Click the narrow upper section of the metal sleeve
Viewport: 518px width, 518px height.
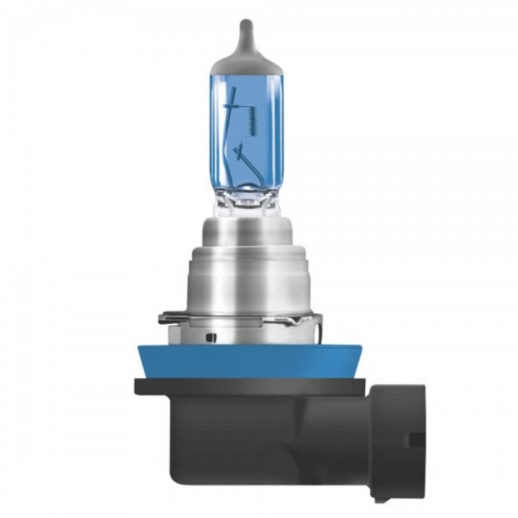click(246, 235)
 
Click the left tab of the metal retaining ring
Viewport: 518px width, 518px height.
click(167, 319)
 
